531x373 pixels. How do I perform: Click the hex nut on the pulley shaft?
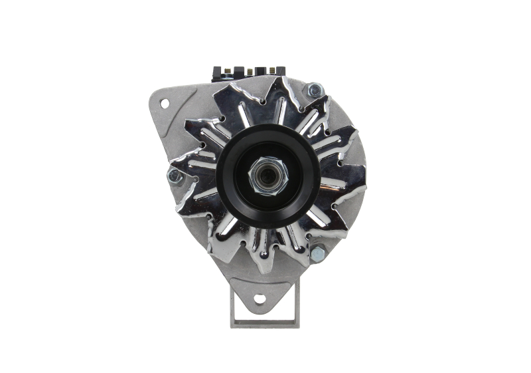[257, 178]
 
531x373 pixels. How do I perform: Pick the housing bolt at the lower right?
[317, 253]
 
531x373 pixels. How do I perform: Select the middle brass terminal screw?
[250, 70]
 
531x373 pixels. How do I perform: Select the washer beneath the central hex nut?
[265, 193]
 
